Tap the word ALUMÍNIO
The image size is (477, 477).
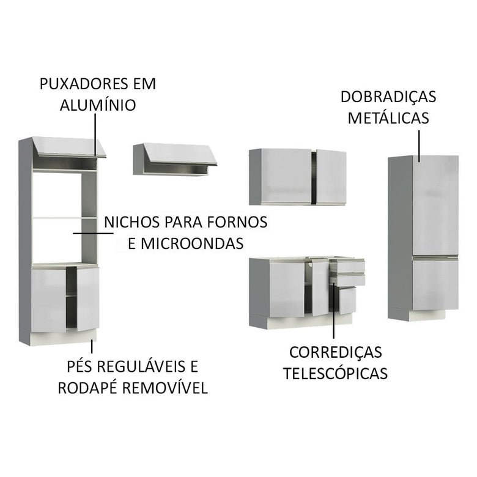(x=98, y=105)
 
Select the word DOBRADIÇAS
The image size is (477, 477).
(x=388, y=97)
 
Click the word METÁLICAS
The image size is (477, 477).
(x=388, y=117)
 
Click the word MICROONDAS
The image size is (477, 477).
(x=194, y=243)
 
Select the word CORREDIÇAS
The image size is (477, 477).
(x=335, y=352)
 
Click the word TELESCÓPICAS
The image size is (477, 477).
(x=335, y=373)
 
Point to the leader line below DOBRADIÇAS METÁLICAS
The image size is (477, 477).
(x=419, y=145)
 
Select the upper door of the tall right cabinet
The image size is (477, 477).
(x=435, y=205)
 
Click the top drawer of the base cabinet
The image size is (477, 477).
(x=347, y=267)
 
